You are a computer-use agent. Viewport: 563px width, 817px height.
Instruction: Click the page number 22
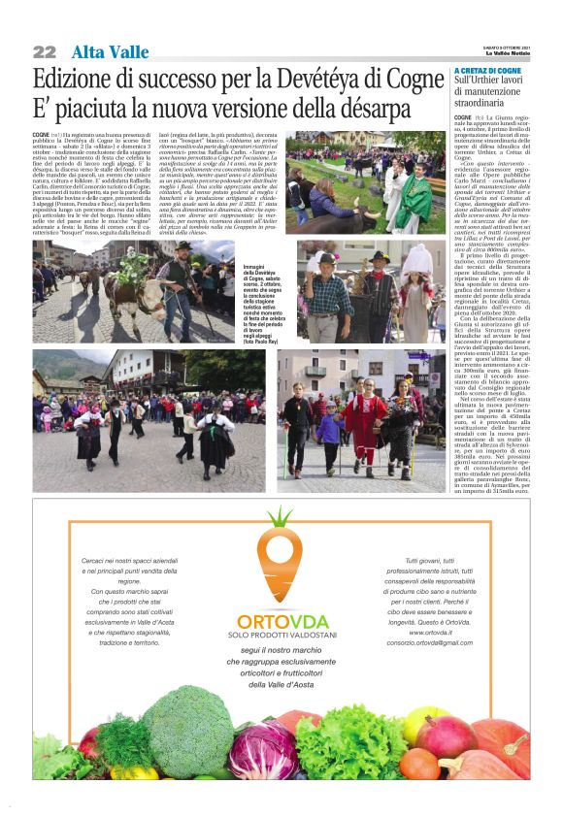(x=45, y=51)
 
